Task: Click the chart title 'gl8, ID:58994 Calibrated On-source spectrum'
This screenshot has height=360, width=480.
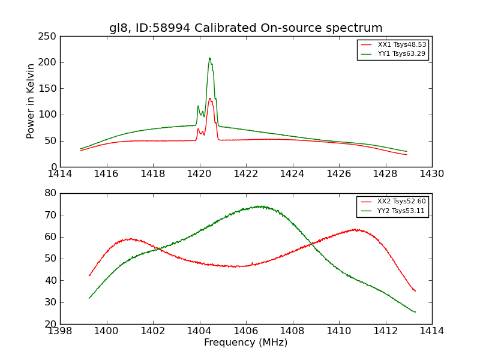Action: coord(245,28)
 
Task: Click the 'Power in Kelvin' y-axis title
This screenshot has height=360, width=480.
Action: coord(31,101)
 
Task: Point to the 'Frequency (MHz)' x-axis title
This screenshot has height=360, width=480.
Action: coord(245,343)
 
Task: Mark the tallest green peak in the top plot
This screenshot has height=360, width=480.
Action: coord(209,58)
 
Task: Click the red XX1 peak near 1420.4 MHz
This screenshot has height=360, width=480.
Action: coord(210,98)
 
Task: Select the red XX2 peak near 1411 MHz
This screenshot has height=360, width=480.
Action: coord(356,229)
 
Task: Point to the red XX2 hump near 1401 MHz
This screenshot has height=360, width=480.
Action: coord(131,239)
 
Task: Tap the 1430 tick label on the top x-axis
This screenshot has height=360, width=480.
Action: coord(431,174)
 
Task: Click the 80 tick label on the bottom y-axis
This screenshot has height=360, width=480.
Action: coord(51,193)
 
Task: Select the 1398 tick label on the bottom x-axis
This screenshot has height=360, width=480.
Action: coord(60,331)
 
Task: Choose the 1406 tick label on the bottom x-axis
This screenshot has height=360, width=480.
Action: coord(246,331)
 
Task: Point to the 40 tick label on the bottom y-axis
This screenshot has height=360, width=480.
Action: coord(51,280)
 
